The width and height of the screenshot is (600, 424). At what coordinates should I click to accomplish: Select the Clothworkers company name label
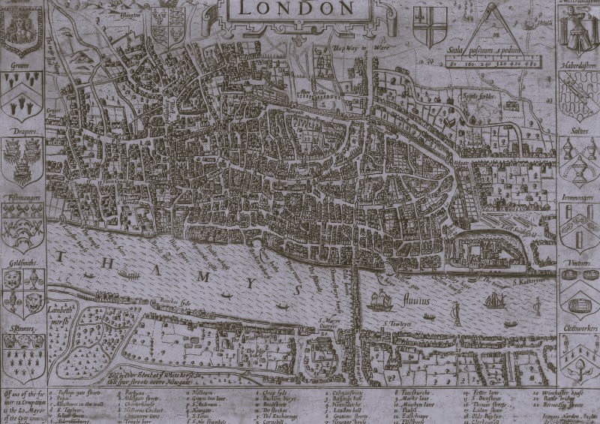coord(578,328)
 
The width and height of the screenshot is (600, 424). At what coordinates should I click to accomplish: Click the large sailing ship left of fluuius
coord(381,298)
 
